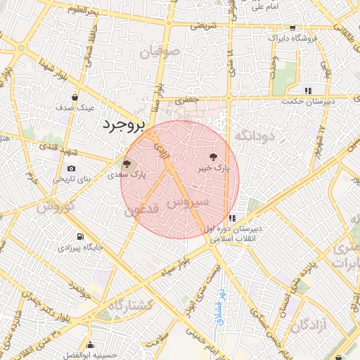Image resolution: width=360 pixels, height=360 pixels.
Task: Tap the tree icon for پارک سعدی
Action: tap(127, 163)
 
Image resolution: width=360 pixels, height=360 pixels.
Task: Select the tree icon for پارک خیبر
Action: tap(213, 157)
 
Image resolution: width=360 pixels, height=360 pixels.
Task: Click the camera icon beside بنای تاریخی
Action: tap(72, 169)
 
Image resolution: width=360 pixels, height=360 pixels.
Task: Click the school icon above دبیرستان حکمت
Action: tap(308, 91)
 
